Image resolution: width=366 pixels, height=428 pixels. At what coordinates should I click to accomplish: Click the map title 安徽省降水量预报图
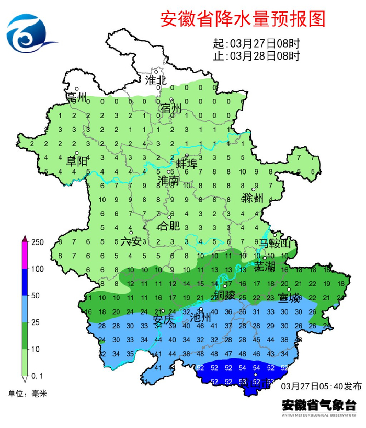[x=243, y=19]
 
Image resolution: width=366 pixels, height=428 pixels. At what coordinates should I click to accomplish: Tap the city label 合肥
[x=168, y=226]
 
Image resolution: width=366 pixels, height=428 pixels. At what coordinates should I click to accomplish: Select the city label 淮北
[x=155, y=80]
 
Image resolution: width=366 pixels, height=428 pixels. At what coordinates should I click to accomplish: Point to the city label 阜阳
[x=76, y=161]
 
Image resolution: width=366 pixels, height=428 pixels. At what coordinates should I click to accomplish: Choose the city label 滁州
[x=253, y=198]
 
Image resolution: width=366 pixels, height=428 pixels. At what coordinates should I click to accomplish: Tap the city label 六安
[x=131, y=241]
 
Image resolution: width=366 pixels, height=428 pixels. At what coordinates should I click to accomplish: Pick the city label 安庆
[x=163, y=319]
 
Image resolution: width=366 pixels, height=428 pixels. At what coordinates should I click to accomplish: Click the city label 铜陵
[x=225, y=295]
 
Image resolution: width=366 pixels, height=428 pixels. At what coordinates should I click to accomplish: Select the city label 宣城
[x=289, y=298]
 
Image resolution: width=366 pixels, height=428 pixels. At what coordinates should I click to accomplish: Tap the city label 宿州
[x=170, y=108]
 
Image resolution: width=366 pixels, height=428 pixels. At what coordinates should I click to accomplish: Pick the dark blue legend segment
[x=24, y=282]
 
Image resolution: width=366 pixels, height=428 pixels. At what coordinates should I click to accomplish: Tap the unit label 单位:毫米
[x=27, y=394]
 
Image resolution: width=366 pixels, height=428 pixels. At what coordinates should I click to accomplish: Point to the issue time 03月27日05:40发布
[x=321, y=387]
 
